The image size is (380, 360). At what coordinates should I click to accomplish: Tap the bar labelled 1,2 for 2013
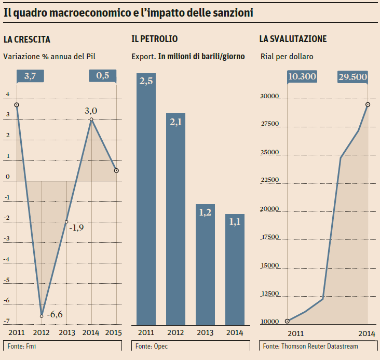click(x=205, y=264)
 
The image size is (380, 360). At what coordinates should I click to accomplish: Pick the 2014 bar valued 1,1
click(x=235, y=270)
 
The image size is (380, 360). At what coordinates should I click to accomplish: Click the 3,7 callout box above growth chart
click(x=30, y=75)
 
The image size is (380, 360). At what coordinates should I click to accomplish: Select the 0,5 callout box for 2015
click(x=103, y=75)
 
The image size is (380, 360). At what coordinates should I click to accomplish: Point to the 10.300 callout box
click(x=302, y=77)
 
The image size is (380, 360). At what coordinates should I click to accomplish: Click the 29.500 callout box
click(x=352, y=77)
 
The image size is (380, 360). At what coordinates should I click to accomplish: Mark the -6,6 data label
click(x=55, y=314)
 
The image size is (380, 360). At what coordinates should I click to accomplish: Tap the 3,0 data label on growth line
click(x=91, y=110)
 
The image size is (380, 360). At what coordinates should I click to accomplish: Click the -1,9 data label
click(x=77, y=228)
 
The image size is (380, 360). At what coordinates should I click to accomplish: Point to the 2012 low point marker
click(x=42, y=315)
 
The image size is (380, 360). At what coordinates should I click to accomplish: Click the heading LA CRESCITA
click(x=26, y=39)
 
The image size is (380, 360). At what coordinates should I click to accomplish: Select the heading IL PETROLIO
click(x=155, y=39)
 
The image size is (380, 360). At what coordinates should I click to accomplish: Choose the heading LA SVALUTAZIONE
click(x=293, y=39)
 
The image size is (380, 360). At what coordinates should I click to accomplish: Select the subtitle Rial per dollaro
click(x=287, y=56)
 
